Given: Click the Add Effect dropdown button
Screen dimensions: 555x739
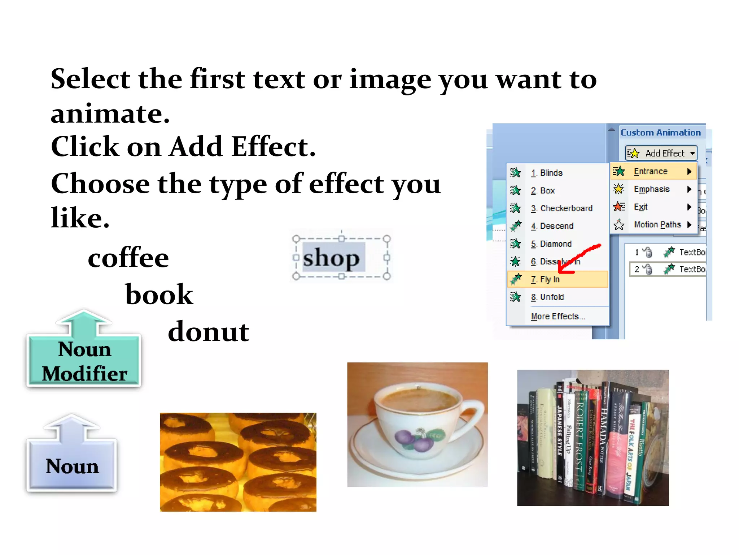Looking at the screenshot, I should tap(661, 153).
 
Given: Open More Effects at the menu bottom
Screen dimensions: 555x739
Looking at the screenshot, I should tap(558, 317).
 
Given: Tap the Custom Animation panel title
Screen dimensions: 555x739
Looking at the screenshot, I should tap(660, 133).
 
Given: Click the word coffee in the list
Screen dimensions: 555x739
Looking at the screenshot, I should tap(128, 258).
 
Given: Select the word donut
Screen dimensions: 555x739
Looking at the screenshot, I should tap(209, 331).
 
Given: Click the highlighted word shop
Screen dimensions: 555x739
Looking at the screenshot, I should tap(331, 258).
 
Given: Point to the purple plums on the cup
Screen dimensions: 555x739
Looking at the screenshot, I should tap(415, 439).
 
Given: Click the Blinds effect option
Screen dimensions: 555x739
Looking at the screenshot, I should tap(551, 173).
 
